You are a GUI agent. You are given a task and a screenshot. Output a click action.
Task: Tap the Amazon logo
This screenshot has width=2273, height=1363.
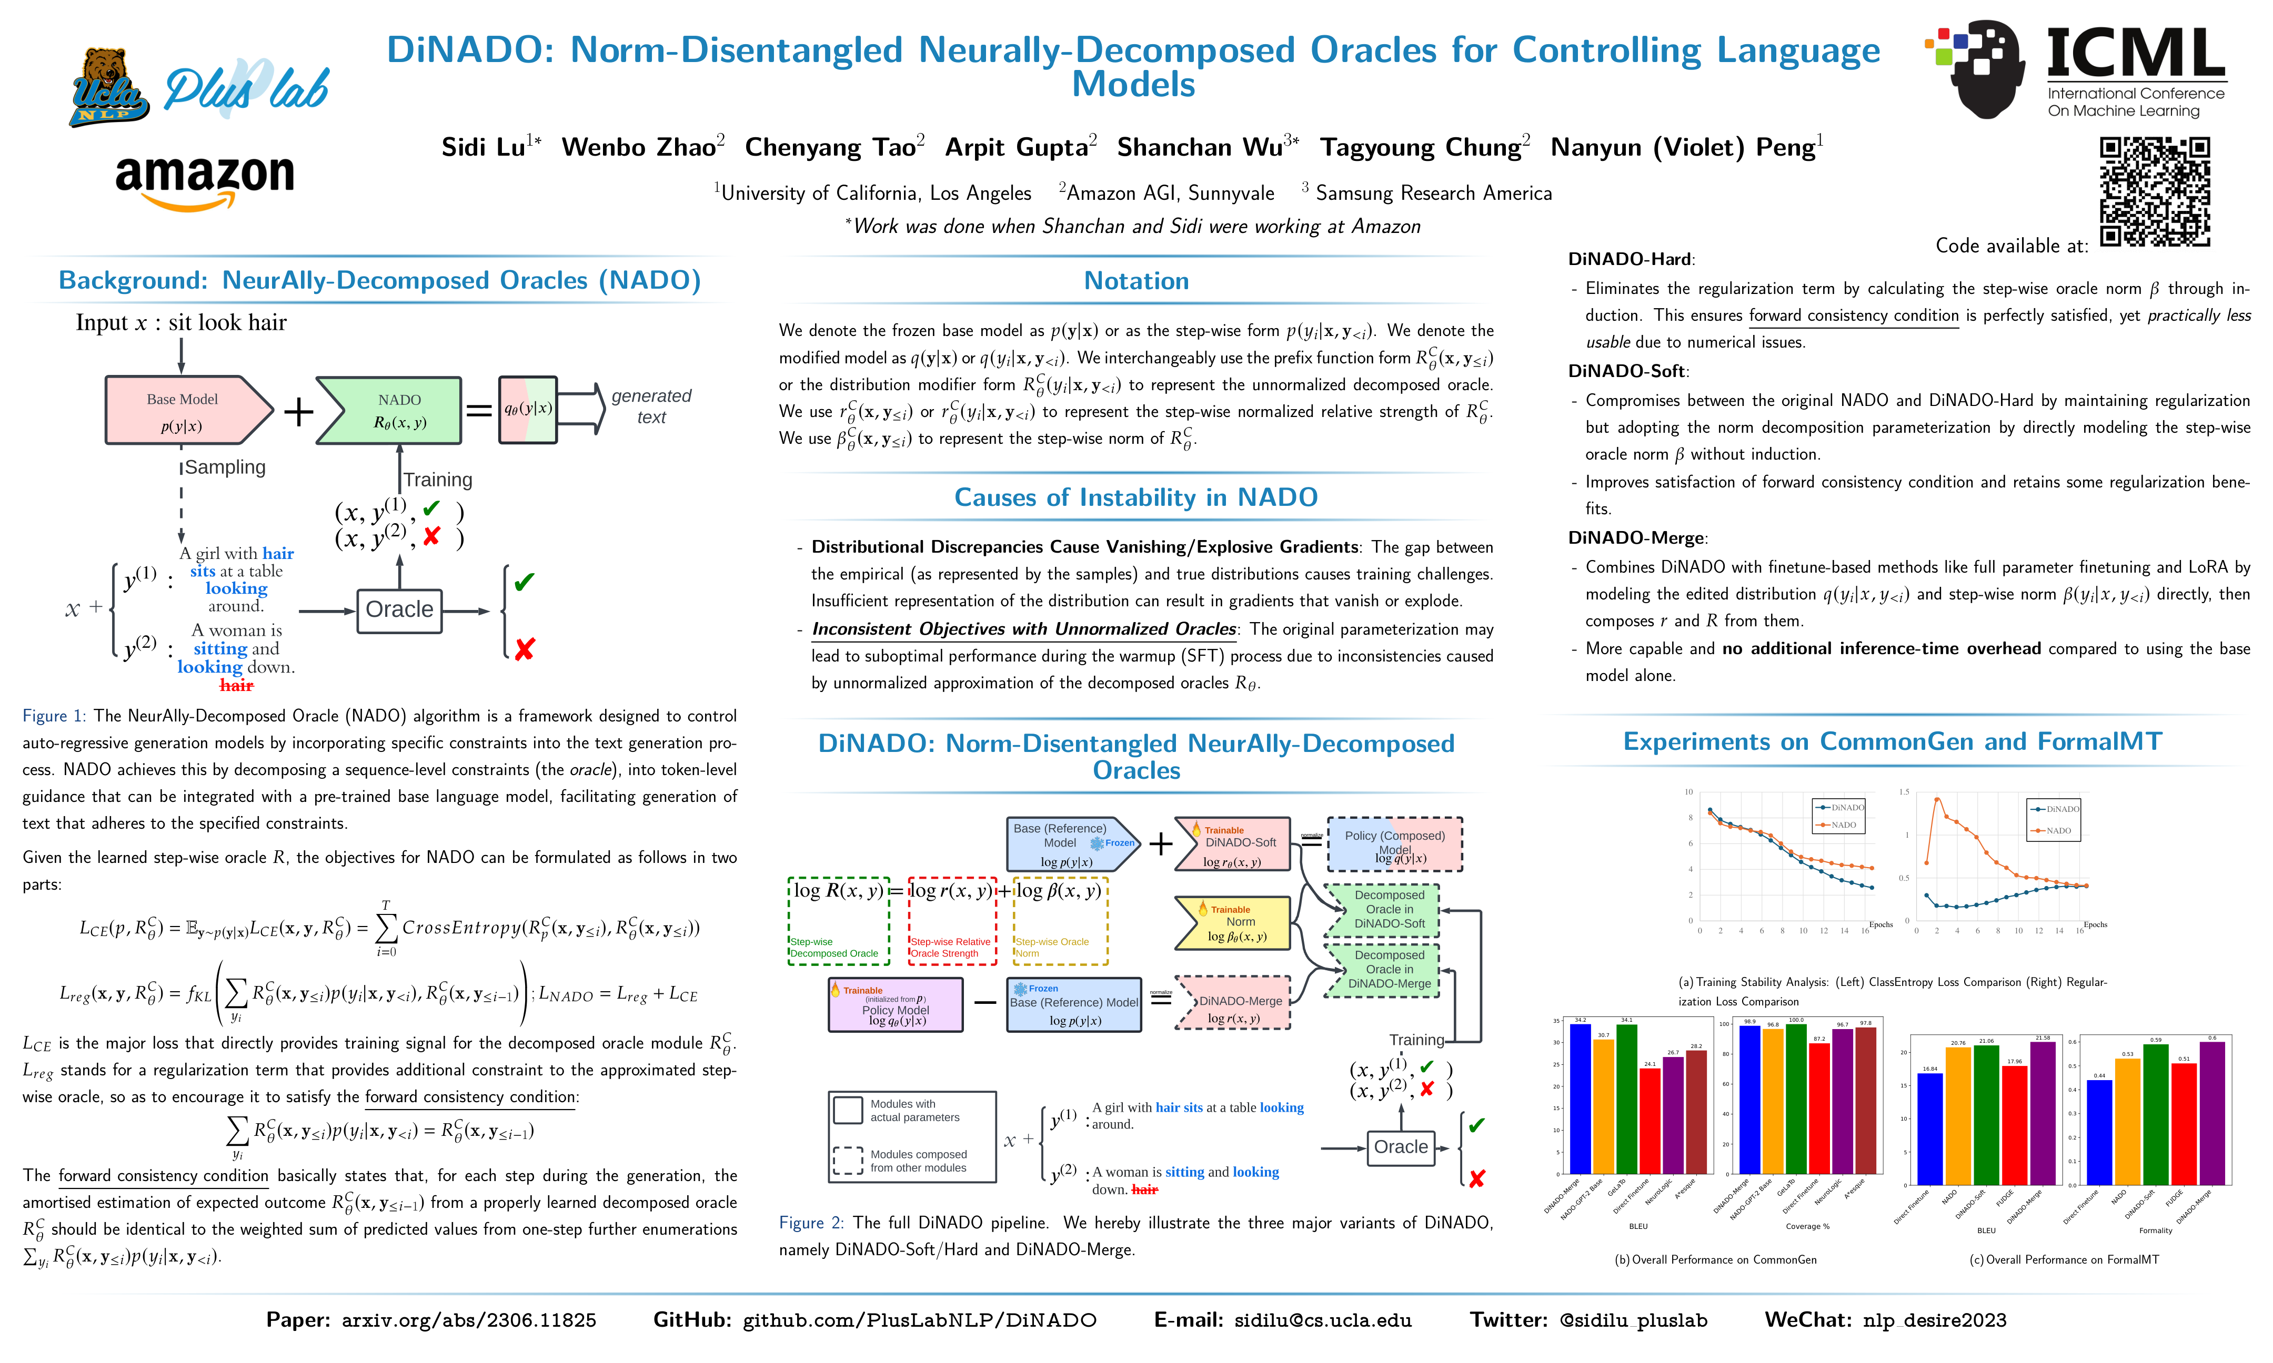click(205, 180)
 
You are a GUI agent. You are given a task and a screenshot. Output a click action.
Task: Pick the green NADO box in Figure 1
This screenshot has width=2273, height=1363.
click(390, 411)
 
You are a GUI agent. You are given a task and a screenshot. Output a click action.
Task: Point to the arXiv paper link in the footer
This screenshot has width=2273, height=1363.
click(469, 1321)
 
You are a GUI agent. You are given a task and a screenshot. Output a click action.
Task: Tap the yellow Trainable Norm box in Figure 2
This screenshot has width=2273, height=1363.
click(1233, 923)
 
